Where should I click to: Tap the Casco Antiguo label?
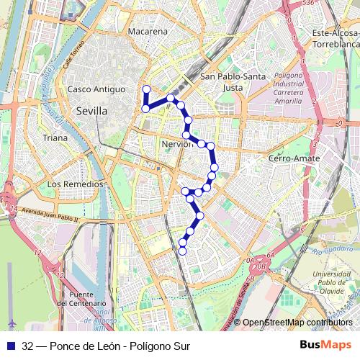pyautogui.click(x=93, y=89)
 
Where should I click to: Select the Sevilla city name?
pyautogui.click(x=91, y=112)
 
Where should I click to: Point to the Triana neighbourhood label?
pyautogui.click(x=55, y=138)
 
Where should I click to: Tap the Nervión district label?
pyautogui.click(x=176, y=144)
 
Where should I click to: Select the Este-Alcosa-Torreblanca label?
pyautogui.click(x=336, y=39)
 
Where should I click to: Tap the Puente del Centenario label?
pyautogui.click(x=84, y=300)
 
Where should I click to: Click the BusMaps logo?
pyautogui.click(x=320, y=346)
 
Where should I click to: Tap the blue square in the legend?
pyautogui.click(x=12, y=346)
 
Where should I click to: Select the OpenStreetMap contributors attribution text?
pyautogui.click(x=297, y=322)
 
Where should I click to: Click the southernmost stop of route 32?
pyautogui.click(x=182, y=251)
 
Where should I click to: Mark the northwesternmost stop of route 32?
pyautogui.click(x=146, y=89)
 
